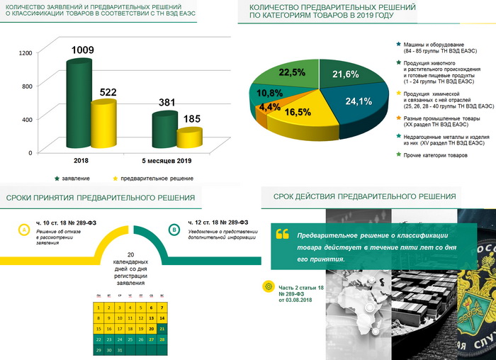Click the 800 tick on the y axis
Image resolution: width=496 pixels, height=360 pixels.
pyautogui.click(x=27, y=86)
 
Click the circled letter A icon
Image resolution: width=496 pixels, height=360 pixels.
pyautogui.click(x=23, y=230)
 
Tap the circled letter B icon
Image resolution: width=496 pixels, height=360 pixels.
pyautogui.click(x=174, y=230)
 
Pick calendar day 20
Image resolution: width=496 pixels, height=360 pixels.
pyautogui.click(x=151, y=329)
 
